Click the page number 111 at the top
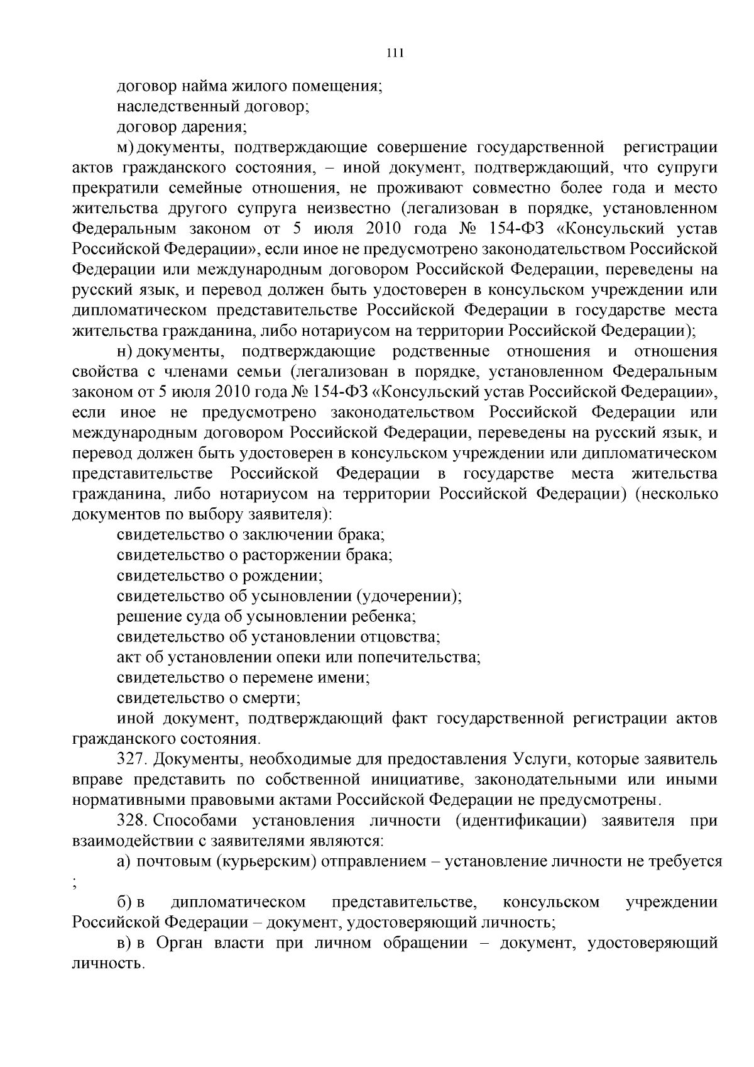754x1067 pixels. [x=394, y=53]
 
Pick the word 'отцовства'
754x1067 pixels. [x=398, y=637]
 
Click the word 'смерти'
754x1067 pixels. [x=275, y=698]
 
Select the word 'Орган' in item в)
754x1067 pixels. [x=180, y=943]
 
